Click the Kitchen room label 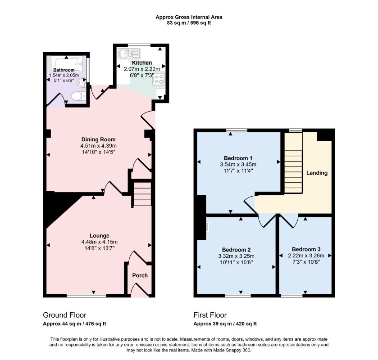coord(142,63)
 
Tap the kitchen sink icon coord(129,54)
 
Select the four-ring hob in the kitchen coord(159,78)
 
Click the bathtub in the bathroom coord(69,63)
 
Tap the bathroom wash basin coord(82,83)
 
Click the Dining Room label coord(98,139)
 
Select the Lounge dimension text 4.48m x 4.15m coord(99,242)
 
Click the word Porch coord(140,275)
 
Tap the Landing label coord(317,173)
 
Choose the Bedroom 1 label coord(238,158)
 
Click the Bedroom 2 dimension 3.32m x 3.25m coord(236,256)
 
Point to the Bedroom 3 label coord(306,249)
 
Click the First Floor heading coord(210,315)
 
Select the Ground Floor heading coord(64,315)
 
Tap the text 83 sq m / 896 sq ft coord(189,23)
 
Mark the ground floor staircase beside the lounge coord(142,194)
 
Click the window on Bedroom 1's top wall coord(237,130)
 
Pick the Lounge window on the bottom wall coord(87,296)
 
